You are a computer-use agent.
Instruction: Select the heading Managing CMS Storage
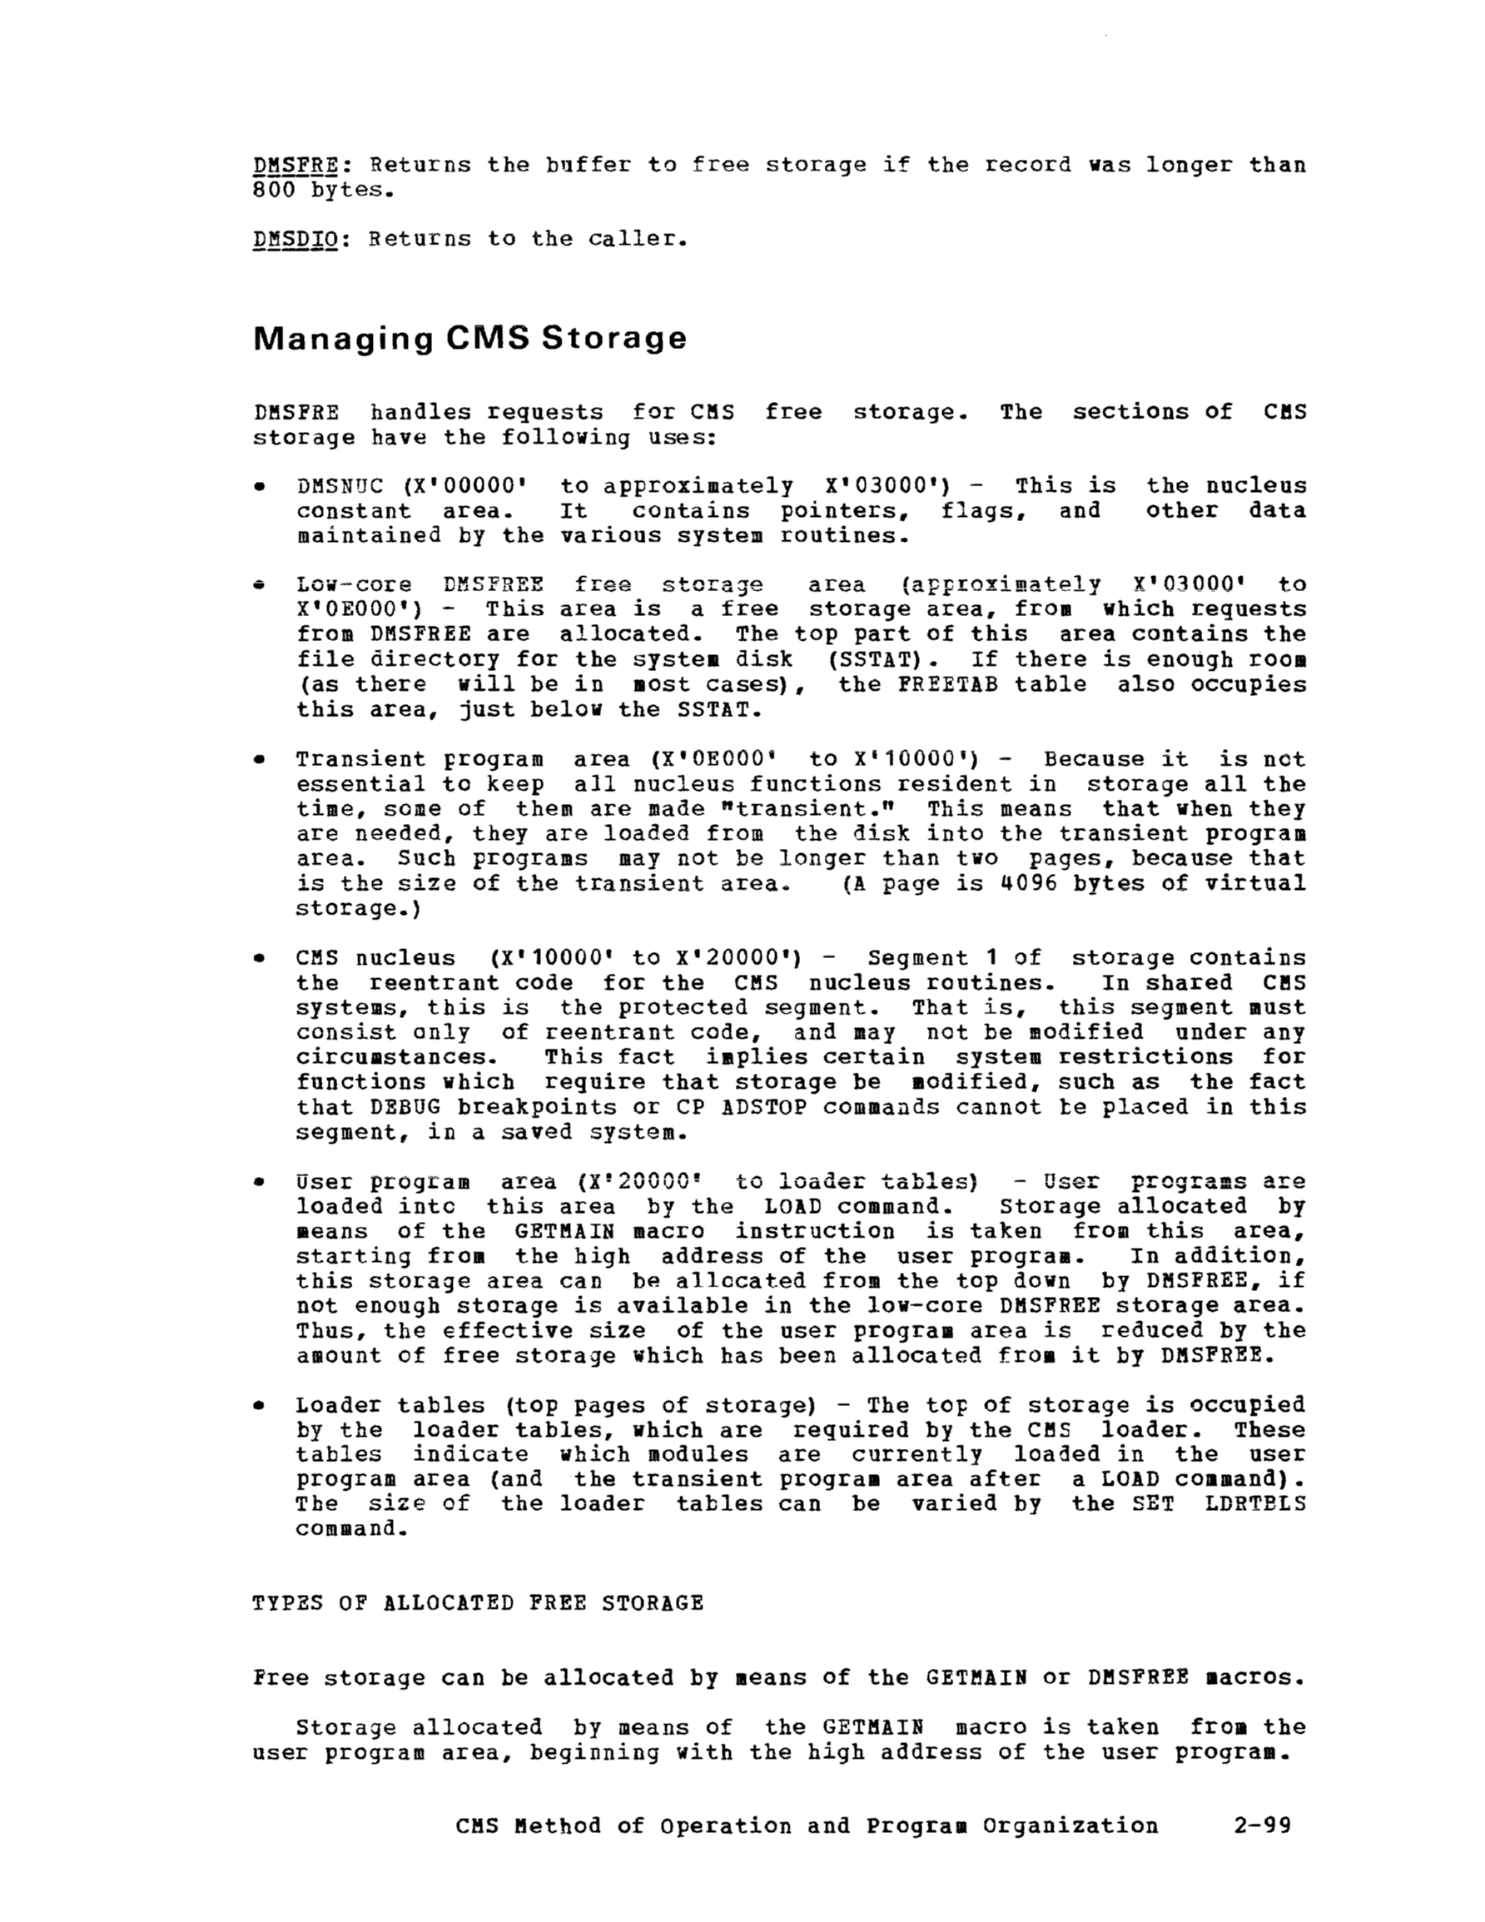469,338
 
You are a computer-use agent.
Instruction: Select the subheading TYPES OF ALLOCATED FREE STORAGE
478,1602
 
